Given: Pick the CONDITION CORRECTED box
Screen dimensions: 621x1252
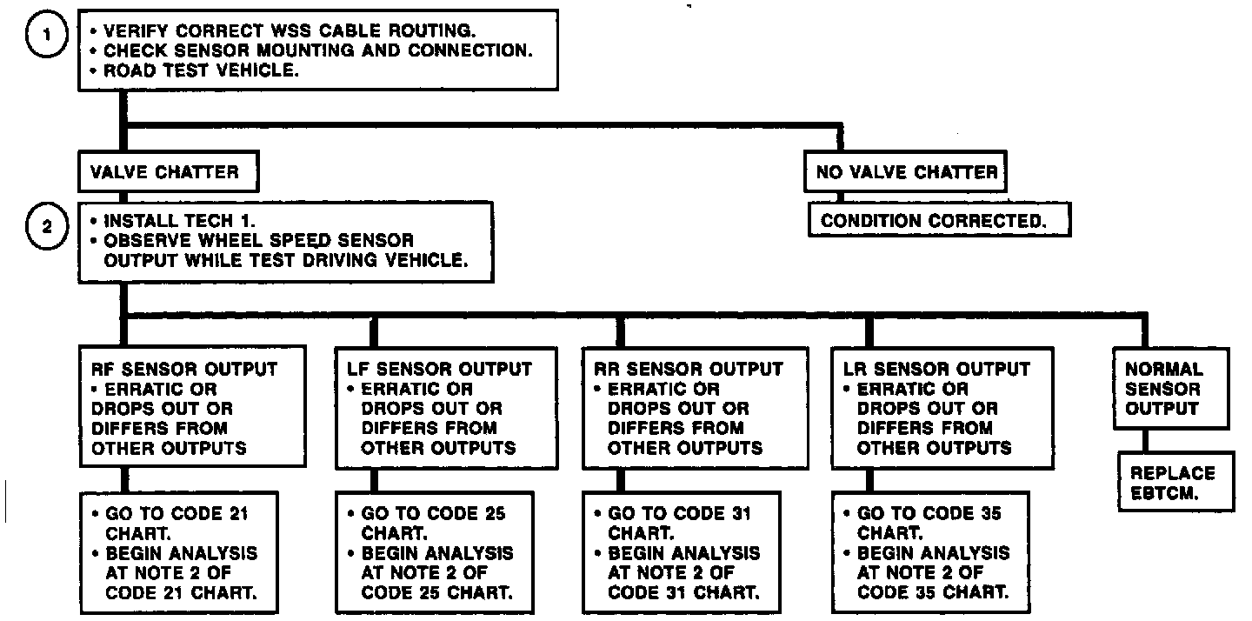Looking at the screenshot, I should [938, 220].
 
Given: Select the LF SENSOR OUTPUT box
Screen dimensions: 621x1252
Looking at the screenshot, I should [445, 408].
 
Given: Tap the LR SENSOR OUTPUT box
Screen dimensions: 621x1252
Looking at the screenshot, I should [942, 408].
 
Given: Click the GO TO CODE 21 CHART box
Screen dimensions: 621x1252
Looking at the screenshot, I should [181, 553].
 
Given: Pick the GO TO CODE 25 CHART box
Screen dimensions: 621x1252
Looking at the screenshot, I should [436, 553].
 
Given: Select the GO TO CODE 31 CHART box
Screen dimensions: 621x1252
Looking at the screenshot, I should [683, 553].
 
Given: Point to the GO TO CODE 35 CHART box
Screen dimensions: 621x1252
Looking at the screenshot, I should [933, 553].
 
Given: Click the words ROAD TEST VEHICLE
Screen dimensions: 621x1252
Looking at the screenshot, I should [202, 71].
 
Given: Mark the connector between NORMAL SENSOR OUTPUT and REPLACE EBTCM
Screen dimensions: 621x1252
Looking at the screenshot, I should [1144, 441].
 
